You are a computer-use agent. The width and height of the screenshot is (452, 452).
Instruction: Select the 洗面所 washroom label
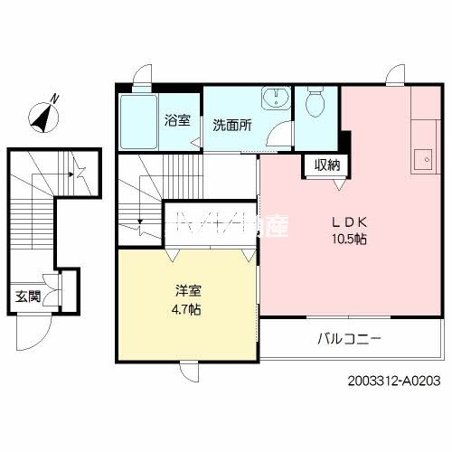coord(231,125)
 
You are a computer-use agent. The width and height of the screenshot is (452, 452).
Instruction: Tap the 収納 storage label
coord(327,165)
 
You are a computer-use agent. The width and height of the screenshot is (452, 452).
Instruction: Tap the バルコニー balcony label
coord(349,340)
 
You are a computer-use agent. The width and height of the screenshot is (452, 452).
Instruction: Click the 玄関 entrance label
coord(27,296)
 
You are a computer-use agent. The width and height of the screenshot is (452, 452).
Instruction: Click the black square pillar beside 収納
coord(344,139)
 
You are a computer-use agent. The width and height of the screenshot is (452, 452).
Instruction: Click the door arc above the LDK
coord(398,76)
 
